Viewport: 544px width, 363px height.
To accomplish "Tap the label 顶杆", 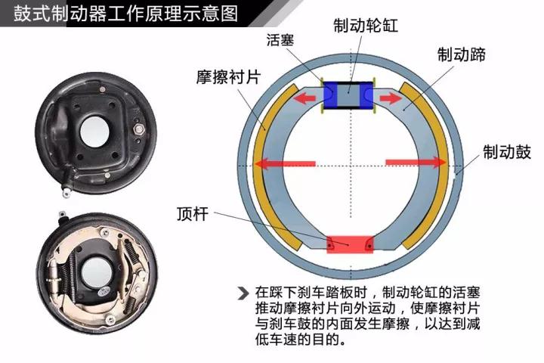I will (192, 212).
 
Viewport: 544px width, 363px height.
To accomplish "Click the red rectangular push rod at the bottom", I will (349, 244).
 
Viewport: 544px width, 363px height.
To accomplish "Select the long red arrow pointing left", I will (283, 163).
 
